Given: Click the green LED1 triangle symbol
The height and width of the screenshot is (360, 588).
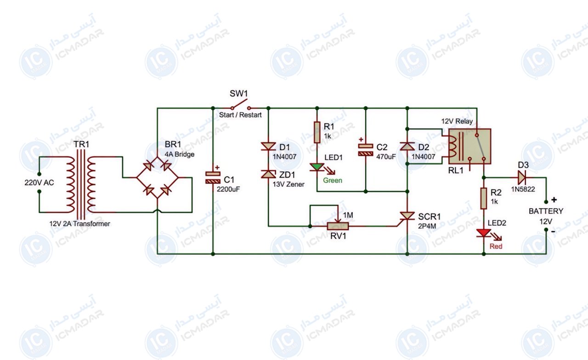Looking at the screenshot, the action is [317, 167].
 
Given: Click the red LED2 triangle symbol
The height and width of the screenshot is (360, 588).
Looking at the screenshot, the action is [484, 233].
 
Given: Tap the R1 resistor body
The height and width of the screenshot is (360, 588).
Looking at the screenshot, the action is [317, 132].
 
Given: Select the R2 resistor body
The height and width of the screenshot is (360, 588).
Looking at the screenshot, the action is [484, 198].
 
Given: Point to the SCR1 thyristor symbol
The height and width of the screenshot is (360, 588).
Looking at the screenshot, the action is [407, 216].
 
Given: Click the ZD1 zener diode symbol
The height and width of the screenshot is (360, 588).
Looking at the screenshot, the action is [268, 174].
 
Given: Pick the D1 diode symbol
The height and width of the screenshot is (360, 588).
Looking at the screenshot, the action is [268, 146].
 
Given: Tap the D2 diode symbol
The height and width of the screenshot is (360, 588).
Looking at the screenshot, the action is [407, 146].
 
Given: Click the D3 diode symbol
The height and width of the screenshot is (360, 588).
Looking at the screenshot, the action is [521, 178].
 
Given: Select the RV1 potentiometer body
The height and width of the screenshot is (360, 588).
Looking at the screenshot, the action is [338, 226].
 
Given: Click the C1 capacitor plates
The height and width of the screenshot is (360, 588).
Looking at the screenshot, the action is [213, 178].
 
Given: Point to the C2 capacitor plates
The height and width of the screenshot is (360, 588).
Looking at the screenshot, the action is [366, 150].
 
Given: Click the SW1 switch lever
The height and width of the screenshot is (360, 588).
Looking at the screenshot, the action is [239, 104].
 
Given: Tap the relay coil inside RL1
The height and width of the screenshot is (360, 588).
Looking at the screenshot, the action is [453, 146].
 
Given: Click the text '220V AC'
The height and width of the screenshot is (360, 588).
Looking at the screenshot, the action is [39, 183].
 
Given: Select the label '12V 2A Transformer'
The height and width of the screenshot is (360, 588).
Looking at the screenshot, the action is [79, 224].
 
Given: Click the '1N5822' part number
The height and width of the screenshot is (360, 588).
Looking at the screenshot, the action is [523, 189].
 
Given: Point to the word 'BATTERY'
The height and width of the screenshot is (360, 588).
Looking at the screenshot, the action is [546, 211].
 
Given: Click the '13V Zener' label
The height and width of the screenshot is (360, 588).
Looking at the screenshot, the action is [288, 185].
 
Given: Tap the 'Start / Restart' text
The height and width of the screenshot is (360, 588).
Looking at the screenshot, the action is [240, 115].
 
